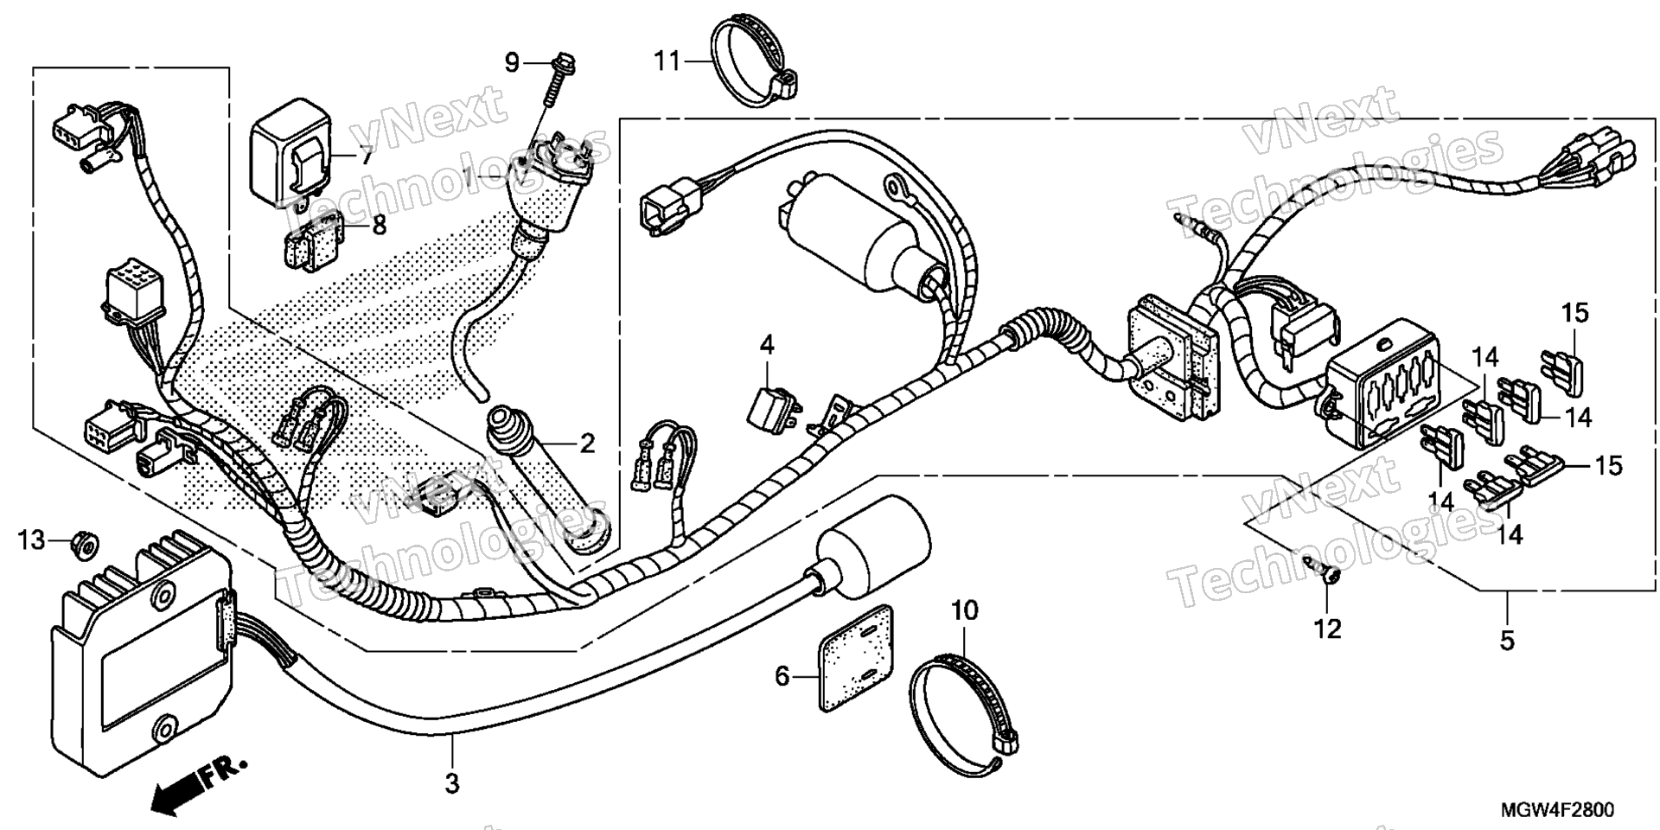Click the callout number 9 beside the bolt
[512, 62]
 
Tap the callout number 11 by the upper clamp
[667, 61]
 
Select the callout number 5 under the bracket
[1507, 641]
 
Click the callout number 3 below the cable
[451, 784]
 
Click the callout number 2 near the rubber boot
[587, 445]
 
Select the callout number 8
[379, 225]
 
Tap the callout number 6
[782, 676]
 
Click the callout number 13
[32, 541]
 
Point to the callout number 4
[767, 345]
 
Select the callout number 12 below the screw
[1327, 629]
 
